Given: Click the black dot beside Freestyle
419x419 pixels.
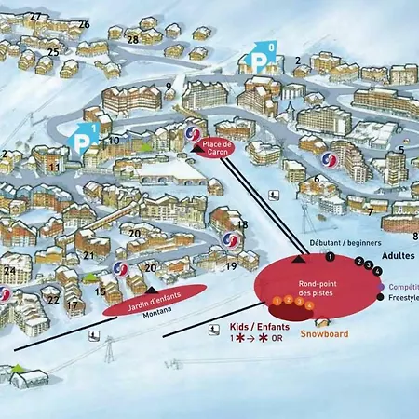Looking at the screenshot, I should [x=381, y=298].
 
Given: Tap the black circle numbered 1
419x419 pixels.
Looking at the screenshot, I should [x=330, y=255].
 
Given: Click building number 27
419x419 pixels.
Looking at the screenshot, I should [x=35, y=17].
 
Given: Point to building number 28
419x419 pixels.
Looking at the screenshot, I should [x=132, y=39].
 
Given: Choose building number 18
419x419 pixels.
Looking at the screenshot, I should [x=242, y=224].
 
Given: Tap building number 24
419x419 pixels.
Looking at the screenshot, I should [x=9, y=271].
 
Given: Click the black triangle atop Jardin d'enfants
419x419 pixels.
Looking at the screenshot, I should [x=152, y=290].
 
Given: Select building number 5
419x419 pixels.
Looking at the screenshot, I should [x=401, y=150].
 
